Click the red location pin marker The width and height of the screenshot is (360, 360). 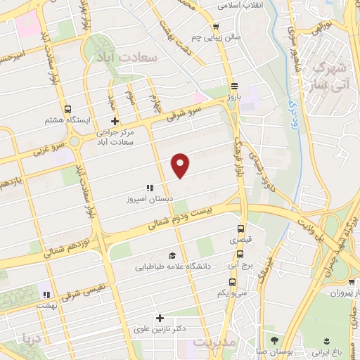point(181,165)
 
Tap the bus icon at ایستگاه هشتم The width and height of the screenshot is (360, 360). point(67,110)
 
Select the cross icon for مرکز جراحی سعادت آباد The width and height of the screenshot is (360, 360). point(105,121)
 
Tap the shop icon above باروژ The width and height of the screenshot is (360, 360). point(233,83)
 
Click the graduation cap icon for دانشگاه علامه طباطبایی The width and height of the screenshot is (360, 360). point(172,255)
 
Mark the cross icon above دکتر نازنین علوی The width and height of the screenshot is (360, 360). point(160,318)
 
